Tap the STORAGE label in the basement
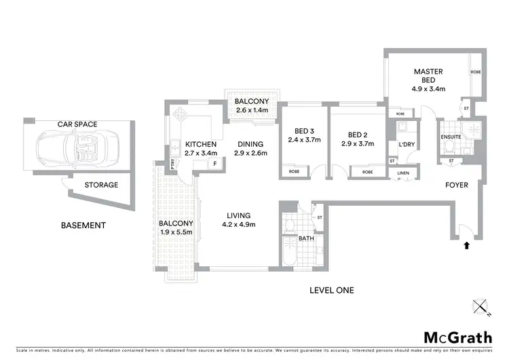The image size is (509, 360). point(101,185)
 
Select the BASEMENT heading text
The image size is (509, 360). point(83,226)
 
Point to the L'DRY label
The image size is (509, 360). point(407,145)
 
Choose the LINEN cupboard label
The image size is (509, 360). point(403,173)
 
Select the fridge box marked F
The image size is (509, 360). point(215,164)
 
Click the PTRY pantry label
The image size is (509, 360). point(173,163)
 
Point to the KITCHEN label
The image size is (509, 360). point(201,144)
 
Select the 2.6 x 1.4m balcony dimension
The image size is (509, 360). point(251,109)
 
